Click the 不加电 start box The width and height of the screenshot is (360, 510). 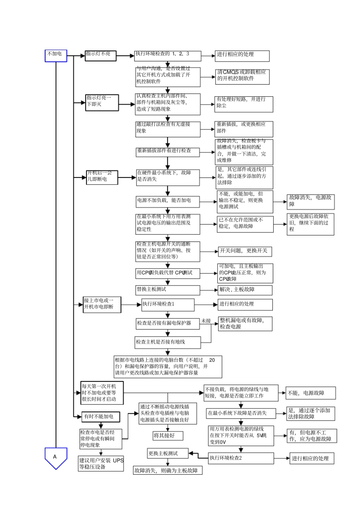pyautogui.click(x=56, y=55)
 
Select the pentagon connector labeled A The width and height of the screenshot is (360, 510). pyautogui.click(x=56, y=457)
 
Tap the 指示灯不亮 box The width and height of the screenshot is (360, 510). pyautogui.click(x=100, y=56)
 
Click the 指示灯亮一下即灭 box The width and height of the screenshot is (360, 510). pyautogui.click(x=102, y=102)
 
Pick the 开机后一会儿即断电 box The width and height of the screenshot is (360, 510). pyautogui.click(x=102, y=177)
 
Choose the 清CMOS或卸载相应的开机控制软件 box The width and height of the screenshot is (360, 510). pyautogui.click(x=242, y=76)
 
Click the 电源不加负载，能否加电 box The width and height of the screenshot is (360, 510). pyautogui.click(x=168, y=201)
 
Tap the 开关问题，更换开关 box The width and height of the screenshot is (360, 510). pyautogui.click(x=245, y=251)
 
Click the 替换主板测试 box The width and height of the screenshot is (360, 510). pyautogui.click(x=167, y=290)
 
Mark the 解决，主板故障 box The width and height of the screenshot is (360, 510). pyautogui.click(x=245, y=290)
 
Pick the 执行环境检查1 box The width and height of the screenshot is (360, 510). pyautogui.click(x=167, y=304)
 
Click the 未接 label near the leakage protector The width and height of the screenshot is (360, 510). pyautogui.click(x=206, y=321)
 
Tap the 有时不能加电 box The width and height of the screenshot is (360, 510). pyautogui.click(x=100, y=417)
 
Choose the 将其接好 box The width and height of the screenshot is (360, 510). pyautogui.click(x=167, y=436)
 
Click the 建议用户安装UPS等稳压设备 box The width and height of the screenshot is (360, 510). pyautogui.click(x=101, y=464)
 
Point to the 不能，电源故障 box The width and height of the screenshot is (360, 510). pyautogui.click(x=311, y=393)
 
